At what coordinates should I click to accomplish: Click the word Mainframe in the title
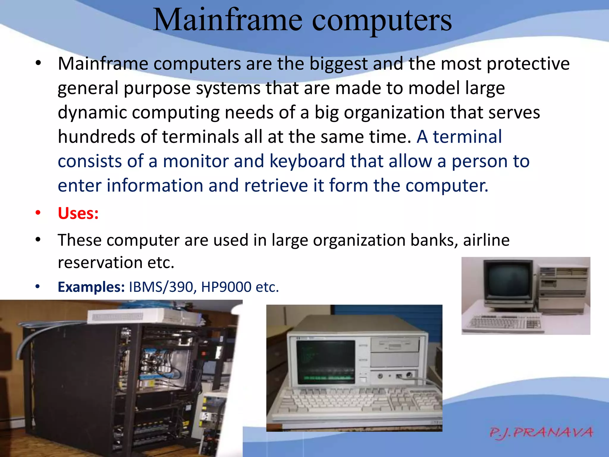tap(227, 20)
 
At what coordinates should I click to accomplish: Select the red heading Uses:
tap(78, 213)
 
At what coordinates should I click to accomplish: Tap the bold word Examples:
tap(91, 287)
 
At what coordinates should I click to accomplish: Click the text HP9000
tap(226, 287)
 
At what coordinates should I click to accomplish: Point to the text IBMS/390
tap(161, 287)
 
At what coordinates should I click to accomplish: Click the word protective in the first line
tap(528, 64)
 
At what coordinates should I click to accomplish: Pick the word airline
tap(486, 240)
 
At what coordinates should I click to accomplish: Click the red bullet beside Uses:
tap(38, 213)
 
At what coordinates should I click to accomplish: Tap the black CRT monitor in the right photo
tap(508, 282)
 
